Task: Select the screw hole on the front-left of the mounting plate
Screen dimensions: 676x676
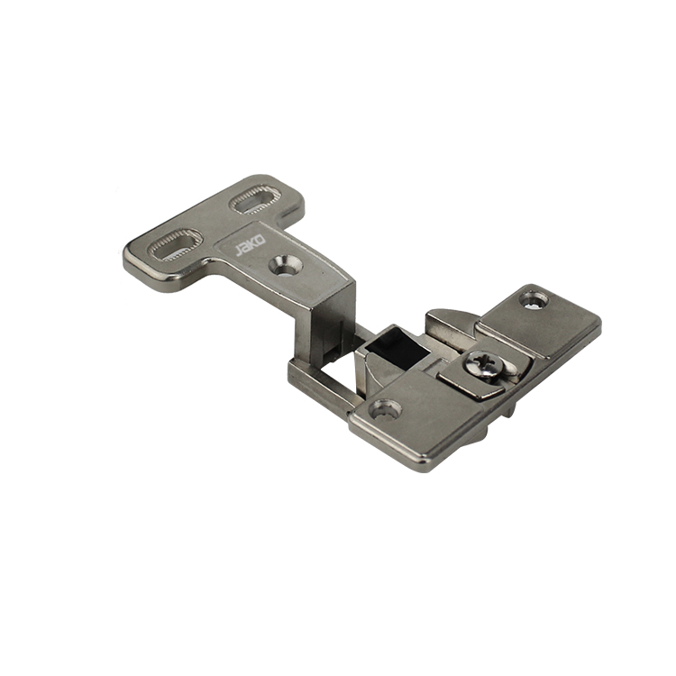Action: (x=386, y=409)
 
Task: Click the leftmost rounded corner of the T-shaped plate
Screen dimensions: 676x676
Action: (x=128, y=256)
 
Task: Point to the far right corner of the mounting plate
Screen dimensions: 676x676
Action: (x=598, y=327)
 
